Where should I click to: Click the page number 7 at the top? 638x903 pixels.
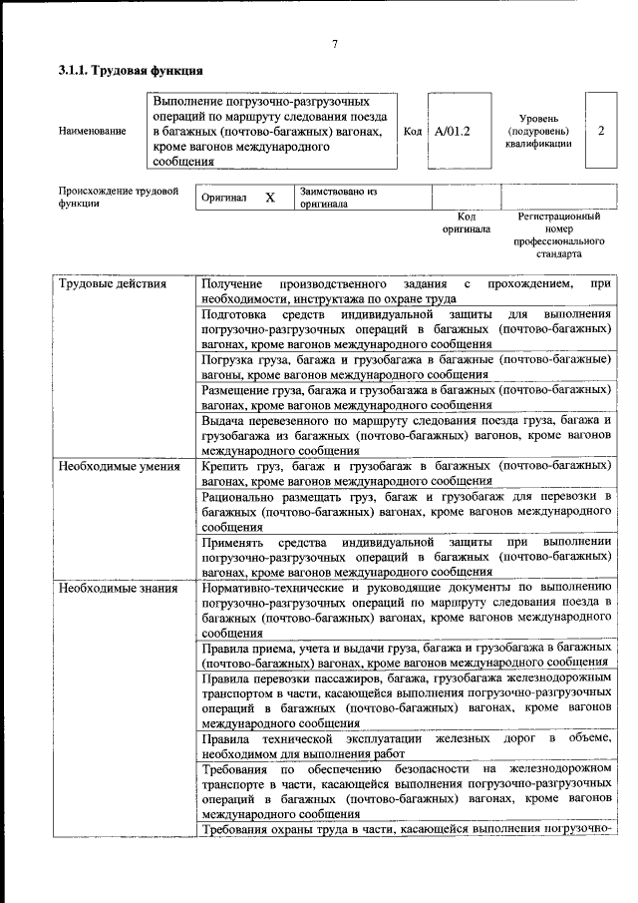[335, 44]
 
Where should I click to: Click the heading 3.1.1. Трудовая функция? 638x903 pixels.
[131, 71]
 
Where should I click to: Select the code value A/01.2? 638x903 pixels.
[452, 131]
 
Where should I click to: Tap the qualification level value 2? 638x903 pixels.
[600, 131]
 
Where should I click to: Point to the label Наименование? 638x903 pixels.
[93, 131]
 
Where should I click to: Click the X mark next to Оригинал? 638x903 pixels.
[269, 198]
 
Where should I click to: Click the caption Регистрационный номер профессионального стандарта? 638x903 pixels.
[559, 234]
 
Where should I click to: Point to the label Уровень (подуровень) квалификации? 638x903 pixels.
[538, 131]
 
